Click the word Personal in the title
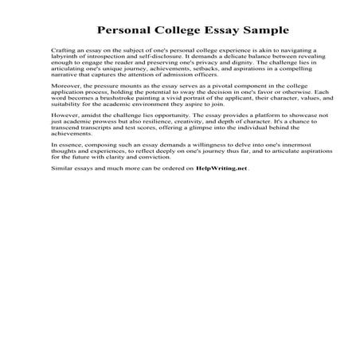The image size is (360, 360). (x=125, y=32)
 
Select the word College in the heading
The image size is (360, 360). (x=178, y=32)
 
